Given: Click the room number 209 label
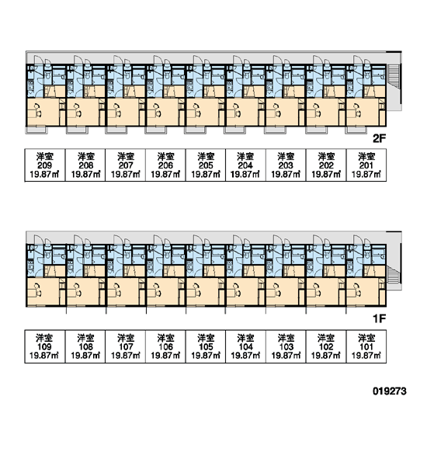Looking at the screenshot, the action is (x=44, y=165).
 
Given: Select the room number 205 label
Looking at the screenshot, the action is (x=206, y=165).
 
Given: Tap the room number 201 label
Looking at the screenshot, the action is (x=366, y=165).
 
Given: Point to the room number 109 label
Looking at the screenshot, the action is (x=44, y=346).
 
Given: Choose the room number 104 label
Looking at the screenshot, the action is (x=246, y=346).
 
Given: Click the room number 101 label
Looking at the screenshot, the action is (x=366, y=346).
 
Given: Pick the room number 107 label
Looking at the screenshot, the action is (x=126, y=346).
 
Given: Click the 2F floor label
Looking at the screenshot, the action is (x=379, y=138).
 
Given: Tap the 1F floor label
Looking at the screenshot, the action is (x=380, y=319).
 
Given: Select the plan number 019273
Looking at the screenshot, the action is (x=389, y=391).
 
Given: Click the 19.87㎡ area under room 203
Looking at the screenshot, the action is (x=286, y=174).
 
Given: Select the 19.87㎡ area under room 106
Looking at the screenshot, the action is (x=165, y=355).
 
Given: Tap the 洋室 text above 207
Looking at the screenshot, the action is (x=126, y=157).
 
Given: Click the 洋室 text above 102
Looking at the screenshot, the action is (x=326, y=338).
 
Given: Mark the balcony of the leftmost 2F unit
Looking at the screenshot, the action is (x=36, y=130).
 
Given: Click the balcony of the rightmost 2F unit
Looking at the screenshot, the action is (x=356, y=130).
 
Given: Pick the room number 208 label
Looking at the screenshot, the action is (x=85, y=165).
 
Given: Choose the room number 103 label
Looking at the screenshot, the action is (x=286, y=346).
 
